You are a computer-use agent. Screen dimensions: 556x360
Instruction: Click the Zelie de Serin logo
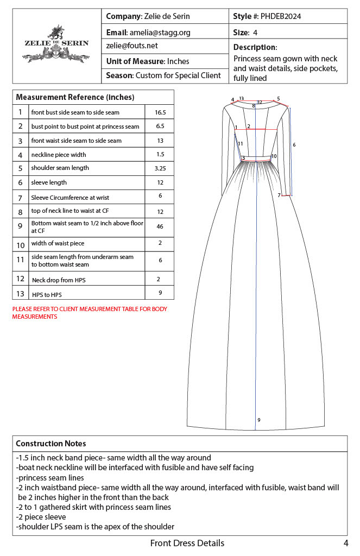[56, 43]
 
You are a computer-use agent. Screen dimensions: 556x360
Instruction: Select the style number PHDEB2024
[281, 16]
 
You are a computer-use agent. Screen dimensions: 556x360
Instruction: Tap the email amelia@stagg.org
[160, 33]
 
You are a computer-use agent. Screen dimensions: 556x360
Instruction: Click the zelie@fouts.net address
[132, 46]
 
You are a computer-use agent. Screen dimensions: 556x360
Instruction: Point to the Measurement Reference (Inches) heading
[75, 97]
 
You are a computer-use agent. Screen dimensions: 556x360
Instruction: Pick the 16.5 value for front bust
[160, 112]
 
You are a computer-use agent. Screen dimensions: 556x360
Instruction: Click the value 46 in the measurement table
[160, 226]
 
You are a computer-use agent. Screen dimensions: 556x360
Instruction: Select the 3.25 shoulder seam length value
[160, 168]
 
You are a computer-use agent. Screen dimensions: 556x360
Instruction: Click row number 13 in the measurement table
[20, 293]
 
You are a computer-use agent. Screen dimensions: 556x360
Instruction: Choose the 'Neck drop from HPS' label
[59, 280]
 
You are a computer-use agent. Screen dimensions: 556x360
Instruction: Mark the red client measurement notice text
[90, 313]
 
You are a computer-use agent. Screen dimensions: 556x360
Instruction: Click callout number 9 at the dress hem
[259, 420]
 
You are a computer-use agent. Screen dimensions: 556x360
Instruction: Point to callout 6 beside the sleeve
[294, 144]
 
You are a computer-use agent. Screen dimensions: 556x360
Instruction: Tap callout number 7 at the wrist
[279, 195]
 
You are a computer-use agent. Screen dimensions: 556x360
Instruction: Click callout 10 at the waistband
[274, 156]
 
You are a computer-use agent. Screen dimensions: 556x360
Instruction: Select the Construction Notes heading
[50, 444]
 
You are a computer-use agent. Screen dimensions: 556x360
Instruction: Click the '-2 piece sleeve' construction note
[41, 517]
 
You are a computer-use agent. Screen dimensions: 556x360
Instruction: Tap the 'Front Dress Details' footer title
[187, 543]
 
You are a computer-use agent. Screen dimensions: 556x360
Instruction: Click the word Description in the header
[255, 47]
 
